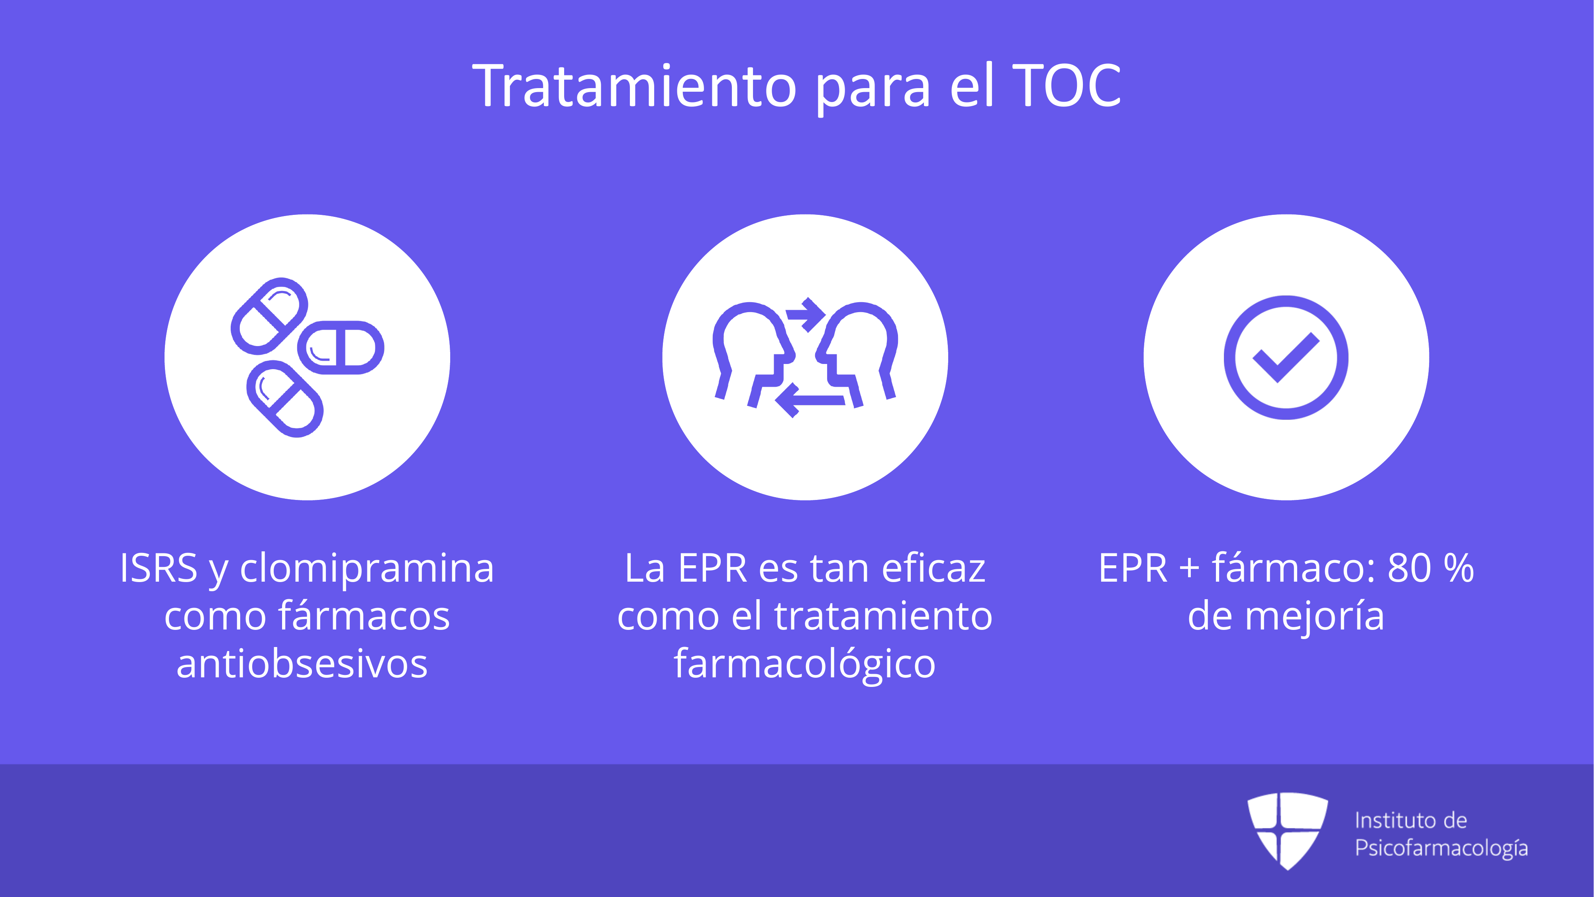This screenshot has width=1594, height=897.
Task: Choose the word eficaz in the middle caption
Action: pyautogui.click(x=934, y=568)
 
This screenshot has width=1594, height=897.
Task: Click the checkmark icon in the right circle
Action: pyautogui.click(x=1286, y=357)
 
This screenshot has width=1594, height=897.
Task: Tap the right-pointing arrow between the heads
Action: pyautogui.click(x=805, y=315)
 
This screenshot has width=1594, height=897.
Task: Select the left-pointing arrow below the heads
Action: pyautogui.click(x=810, y=400)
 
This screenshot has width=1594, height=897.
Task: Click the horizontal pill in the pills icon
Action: pyautogui.click(x=340, y=347)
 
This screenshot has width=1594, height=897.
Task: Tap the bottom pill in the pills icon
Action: pyautogui.click(x=284, y=399)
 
